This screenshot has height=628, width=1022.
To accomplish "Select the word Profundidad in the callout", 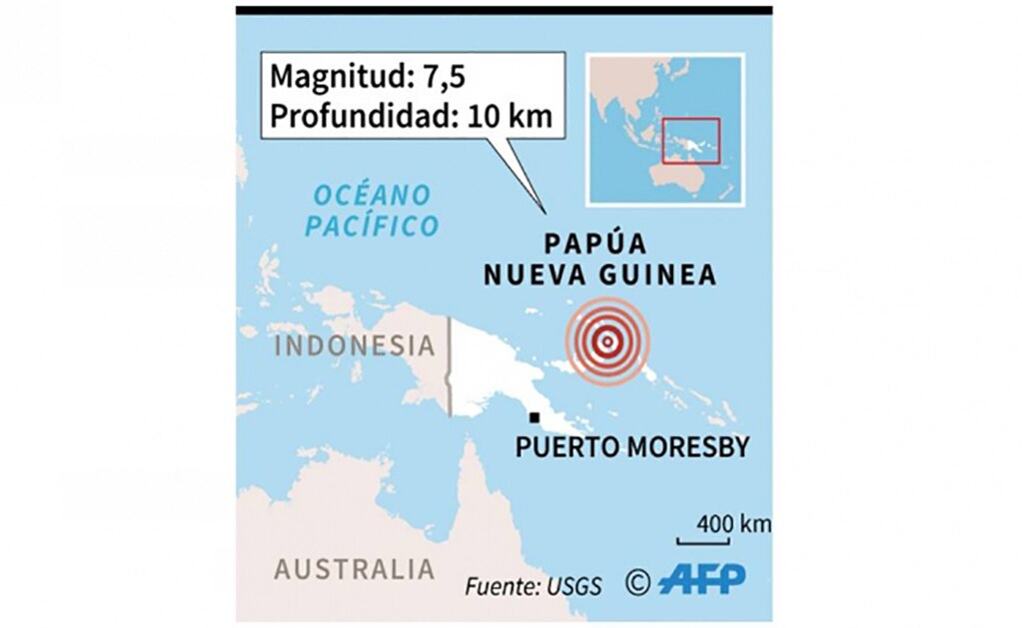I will coord(356,116).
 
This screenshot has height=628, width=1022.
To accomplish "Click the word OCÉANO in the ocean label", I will coord(372,194).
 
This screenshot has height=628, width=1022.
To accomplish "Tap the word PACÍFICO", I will coord(373,226).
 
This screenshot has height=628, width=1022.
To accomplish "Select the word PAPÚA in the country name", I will coord(595,245).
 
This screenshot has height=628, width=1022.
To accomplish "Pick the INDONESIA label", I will coord(355,346).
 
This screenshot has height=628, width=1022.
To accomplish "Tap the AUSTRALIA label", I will coord(355,570).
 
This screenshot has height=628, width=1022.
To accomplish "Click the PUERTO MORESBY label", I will coord(631,447).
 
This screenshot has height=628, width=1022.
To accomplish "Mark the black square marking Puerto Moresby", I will coord(535,417).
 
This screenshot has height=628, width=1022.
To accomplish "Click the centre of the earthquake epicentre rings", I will coord(606,340).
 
